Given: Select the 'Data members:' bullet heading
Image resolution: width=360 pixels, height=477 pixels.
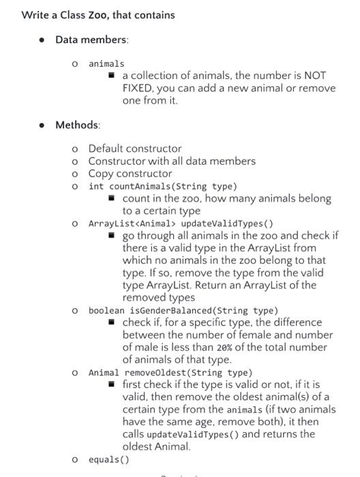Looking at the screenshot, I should (91, 40).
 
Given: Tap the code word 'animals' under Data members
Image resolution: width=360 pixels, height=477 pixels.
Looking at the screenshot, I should (106, 63).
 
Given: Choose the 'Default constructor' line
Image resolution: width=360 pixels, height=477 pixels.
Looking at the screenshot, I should (135, 148).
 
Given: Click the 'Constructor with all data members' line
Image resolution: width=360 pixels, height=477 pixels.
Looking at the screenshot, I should (172, 161).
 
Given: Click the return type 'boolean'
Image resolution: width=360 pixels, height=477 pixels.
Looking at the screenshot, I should (106, 310).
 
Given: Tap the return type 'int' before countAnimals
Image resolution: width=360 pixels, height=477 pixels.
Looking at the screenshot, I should (96, 186).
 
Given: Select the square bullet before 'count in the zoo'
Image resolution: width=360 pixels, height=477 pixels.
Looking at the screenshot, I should (113, 198).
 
